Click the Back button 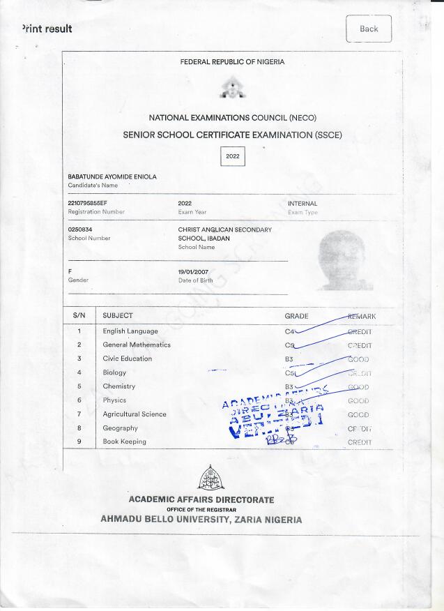click(x=369, y=29)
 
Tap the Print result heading click(x=47, y=29)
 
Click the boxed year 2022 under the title click(x=233, y=156)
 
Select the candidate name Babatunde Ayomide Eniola click(x=112, y=177)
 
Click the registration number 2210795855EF click(x=87, y=204)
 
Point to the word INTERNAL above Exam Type click(x=303, y=204)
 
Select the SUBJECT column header click(x=118, y=316)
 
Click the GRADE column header click(x=296, y=316)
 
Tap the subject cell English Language click(x=130, y=331)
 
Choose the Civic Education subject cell click(x=127, y=359)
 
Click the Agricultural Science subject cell click(x=135, y=414)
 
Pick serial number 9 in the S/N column click(x=79, y=442)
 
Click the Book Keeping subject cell click(x=125, y=442)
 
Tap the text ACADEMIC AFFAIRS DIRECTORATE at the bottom click(x=201, y=500)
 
